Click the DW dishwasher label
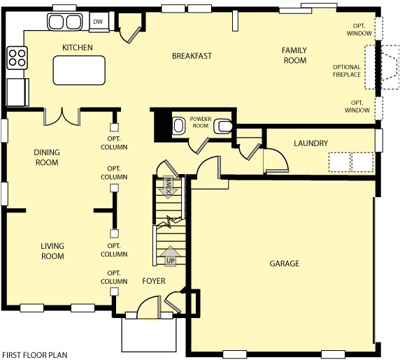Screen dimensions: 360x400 point(99,22)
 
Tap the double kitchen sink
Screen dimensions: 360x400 point(64,22)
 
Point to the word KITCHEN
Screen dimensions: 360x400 point(78,48)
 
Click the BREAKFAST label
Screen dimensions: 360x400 point(192,56)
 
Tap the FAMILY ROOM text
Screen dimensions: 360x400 point(294,55)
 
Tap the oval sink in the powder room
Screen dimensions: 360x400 point(178,126)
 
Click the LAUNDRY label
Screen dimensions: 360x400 point(310,143)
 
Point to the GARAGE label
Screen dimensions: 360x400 point(284,264)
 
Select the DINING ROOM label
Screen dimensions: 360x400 point(47,157)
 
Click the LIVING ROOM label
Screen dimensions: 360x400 point(52,252)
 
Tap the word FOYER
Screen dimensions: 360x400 point(154,281)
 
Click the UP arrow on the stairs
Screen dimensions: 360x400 point(169,258)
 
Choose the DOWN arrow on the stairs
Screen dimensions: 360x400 point(169,187)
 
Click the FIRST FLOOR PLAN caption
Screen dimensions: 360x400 point(35,354)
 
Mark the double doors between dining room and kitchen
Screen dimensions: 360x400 point(62,116)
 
